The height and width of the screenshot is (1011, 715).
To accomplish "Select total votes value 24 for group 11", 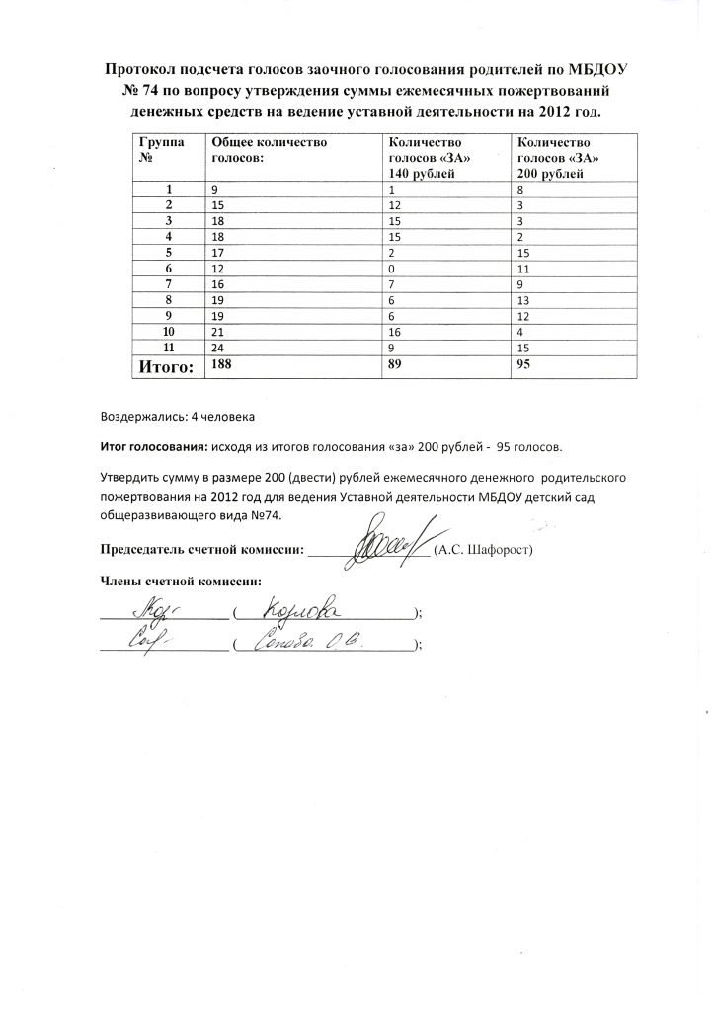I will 217,348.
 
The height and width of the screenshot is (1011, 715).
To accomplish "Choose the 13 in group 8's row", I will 523,300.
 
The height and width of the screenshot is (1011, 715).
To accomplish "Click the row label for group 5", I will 169,253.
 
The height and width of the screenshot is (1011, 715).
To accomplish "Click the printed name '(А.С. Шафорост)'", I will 484,550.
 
